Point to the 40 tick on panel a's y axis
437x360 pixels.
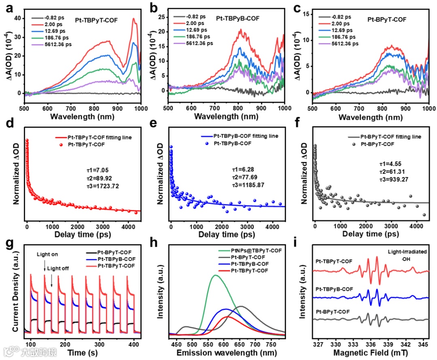pos(17,19)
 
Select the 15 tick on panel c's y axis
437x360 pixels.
pos(307,14)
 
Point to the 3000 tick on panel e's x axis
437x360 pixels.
pos(247,225)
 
